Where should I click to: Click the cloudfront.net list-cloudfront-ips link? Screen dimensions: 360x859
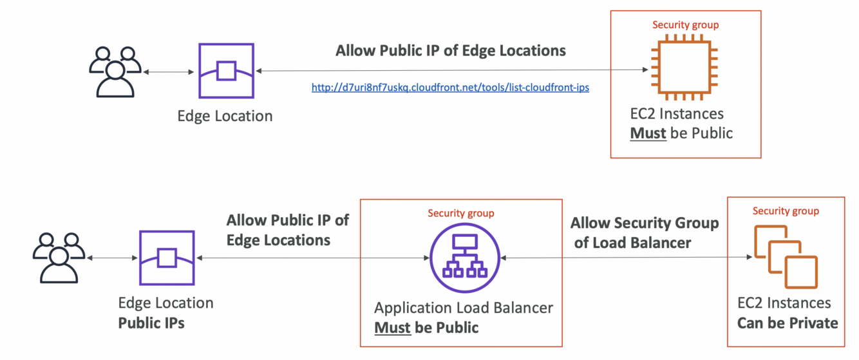point(450,88)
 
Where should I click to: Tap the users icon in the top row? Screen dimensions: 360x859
point(115,71)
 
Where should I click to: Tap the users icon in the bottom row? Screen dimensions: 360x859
point(59,258)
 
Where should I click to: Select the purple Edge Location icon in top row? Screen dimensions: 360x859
point(225,71)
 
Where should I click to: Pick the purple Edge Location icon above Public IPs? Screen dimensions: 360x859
point(167,258)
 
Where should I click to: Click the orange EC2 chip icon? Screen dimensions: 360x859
point(684,69)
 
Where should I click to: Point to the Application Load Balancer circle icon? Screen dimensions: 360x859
point(464,258)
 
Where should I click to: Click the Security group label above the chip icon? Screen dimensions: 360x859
point(685,25)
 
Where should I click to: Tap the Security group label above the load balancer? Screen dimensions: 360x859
point(461,213)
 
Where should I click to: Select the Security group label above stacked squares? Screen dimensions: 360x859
point(786,211)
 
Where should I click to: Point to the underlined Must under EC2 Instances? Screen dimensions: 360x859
point(648,133)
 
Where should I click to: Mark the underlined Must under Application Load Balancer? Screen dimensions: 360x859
point(392,327)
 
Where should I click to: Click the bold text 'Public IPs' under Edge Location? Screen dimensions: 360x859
point(151,323)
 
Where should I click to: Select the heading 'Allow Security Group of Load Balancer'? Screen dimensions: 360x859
point(644,232)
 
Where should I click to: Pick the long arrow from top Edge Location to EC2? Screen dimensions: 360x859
point(451,70)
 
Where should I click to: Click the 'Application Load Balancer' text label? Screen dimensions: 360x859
point(464,307)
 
